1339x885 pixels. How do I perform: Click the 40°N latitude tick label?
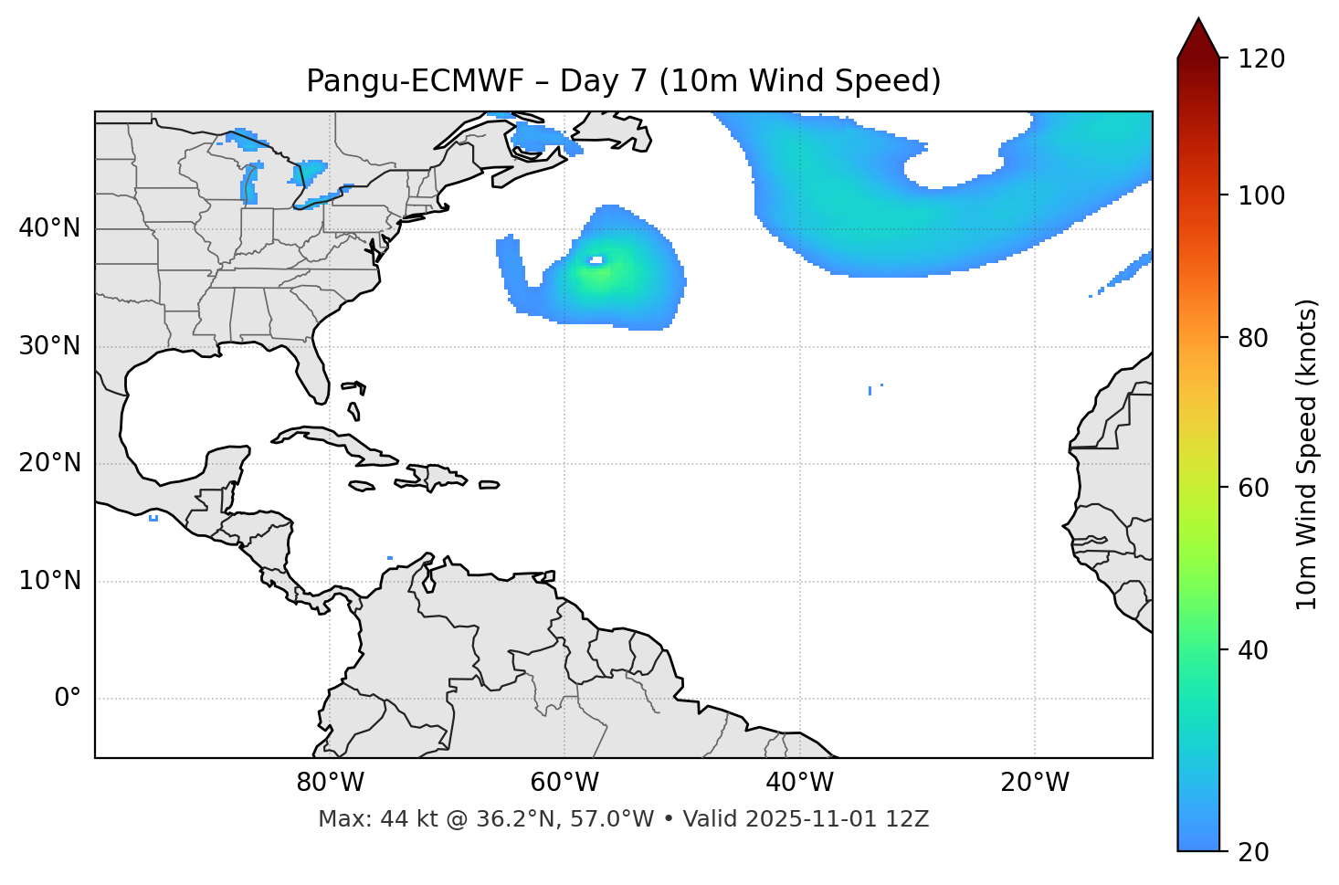[x=49, y=228]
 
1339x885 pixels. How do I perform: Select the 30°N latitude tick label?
[x=49, y=346]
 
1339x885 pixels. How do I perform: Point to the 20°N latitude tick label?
[x=49, y=463]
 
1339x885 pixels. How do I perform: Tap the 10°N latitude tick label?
[x=49, y=581]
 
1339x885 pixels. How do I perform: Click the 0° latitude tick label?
[x=68, y=699]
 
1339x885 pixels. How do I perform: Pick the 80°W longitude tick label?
[x=330, y=783]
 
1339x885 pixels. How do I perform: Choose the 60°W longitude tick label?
[x=564, y=783]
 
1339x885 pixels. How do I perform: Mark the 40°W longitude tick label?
[x=799, y=783]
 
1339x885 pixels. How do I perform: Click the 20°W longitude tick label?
[x=1035, y=783]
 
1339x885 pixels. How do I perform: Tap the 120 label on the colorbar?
[x=1261, y=59]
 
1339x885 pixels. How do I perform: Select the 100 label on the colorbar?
[x=1261, y=195]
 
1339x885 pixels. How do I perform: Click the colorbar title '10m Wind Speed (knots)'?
[x=1307, y=454]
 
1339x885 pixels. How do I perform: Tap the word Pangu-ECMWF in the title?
[x=415, y=81]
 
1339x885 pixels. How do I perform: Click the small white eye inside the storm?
[x=596, y=260]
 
